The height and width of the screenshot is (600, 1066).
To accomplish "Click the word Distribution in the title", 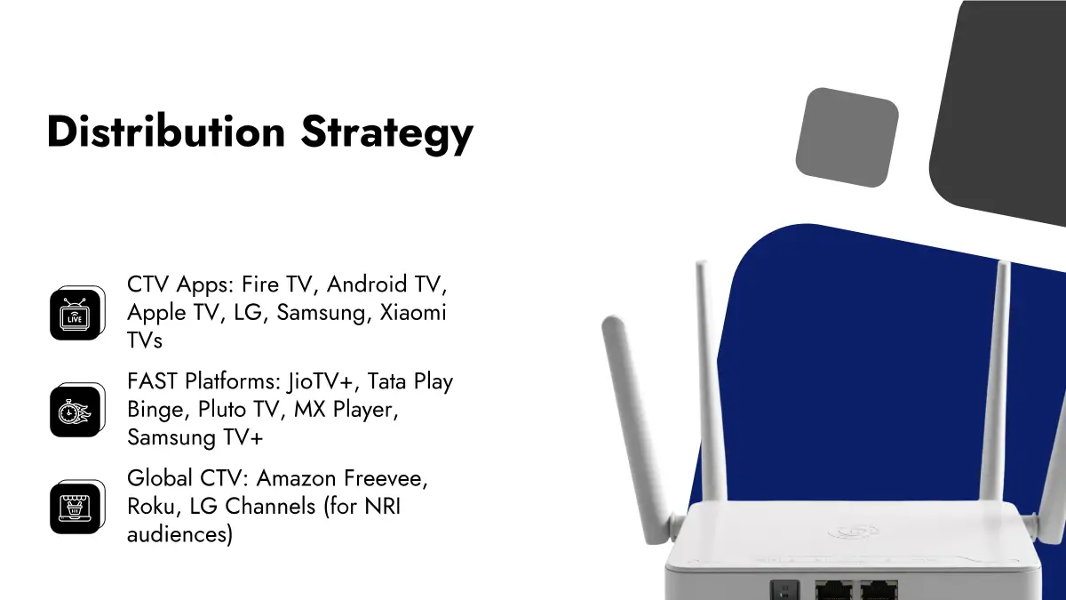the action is [166, 132].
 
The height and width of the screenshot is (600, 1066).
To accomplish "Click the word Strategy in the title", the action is [387, 134].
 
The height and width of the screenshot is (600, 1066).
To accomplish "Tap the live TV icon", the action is [77, 313].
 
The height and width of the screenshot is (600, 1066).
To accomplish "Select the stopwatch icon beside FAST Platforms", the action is [77, 410].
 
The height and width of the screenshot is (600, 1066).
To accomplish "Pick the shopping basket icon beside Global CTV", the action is [77, 507].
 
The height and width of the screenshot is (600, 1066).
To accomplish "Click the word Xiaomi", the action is [413, 312].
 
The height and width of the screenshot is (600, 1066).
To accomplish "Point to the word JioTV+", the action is [321, 382].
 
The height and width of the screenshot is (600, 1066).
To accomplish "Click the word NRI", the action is [383, 506].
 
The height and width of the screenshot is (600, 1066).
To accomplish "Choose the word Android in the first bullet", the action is [367, 284].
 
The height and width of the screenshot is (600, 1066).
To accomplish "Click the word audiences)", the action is [179, 535].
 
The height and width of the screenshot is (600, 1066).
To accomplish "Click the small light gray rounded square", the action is [847, 138].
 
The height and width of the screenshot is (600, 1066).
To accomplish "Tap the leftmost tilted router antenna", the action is [637, 428].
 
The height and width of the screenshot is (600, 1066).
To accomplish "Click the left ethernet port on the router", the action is [833, 591].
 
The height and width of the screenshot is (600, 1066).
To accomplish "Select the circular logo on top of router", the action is [854, 532].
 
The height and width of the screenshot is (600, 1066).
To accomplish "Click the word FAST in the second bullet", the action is [153, 381].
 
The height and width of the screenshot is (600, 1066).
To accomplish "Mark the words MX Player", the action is [346, 410].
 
